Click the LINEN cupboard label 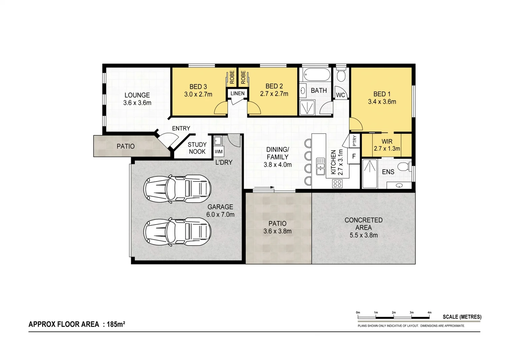[237, 93]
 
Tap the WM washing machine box [219, 152]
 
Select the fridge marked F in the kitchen [354, 156]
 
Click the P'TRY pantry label [354, 141]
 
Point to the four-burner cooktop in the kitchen [337, 183]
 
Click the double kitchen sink [320, 166]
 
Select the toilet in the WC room [341, 75]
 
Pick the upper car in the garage [177, 189]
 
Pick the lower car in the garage [177, 232]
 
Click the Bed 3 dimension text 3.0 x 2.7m [198, 94]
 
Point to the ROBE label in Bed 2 [243, 77]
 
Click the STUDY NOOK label [197, 148]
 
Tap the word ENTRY [181, 128]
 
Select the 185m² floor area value [116, 324]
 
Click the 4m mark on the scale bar [430, 313]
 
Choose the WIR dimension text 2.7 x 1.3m [387, 149]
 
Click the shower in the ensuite [370, 174]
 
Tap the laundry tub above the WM [218, 141]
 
